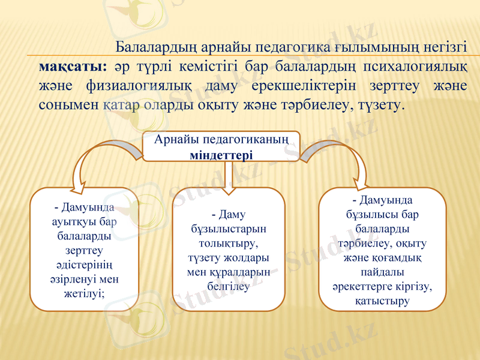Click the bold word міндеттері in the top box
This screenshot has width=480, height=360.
(x=220, y=154)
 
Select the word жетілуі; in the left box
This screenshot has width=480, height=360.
(x=84, y=293)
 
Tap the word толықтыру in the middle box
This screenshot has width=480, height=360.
(x=229, y=243)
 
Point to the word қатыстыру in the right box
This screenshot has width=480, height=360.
(x=382, y=300)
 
